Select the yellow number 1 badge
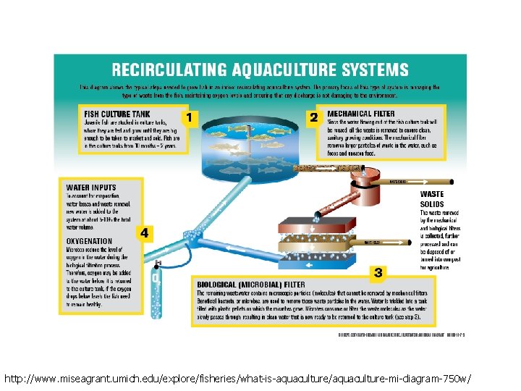pyautogui.click(x=189, y=117)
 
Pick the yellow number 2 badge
pyautogui.click(x=314, y=117)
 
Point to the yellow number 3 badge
pyautogui.click(x=378, y=272)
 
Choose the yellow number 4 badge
pyautogui.click(x=145, y=233)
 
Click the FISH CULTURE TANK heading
pyautogui.click(x=117, y=114)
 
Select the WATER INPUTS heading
pyautogui.click(x=91, y=188)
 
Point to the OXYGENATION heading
pyautogui.click(x=90, y=241)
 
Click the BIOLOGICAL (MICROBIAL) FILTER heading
pyautogui.click(x=251, y=285)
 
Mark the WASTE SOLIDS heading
pyautogui.click(x=433, y=199)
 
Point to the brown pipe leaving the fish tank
pyautogui.click(x=318, y=170)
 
